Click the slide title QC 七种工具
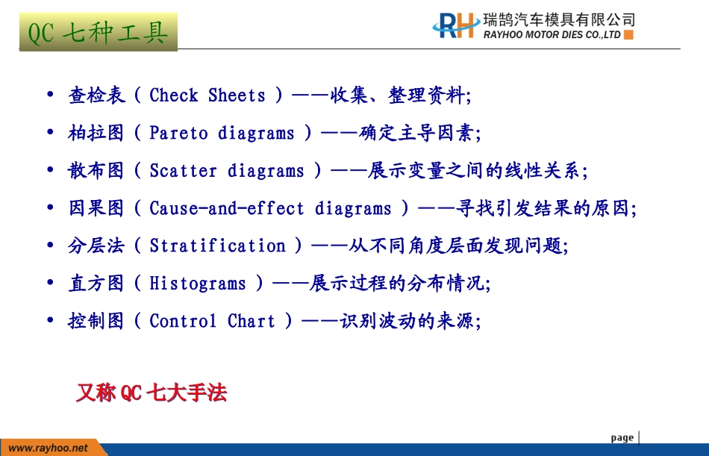(x=98, y=33)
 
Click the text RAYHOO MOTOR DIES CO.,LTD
(x=552, y=35)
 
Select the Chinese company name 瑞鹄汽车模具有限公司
(x=559, y=20)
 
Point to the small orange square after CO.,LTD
(x=628, y=35)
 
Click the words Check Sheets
(x=207, y=95)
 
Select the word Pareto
(x=178, y=133)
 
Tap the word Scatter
(x=183, y=171)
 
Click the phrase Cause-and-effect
(x=227, y=208)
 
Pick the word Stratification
(x=217, y=246)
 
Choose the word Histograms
(x=198, y=283)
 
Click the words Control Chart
(x=212, y=321)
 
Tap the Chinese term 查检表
(x=96, y=95)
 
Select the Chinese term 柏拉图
(x=96, y=133)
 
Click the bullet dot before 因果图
(x=50, y=207)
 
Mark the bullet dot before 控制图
(x=50, y=320)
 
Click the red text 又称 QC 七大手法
(x=152, y=393)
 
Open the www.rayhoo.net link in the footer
(x=48, y=449)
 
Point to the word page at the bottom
(x=622, y=437)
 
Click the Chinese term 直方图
(x=96, y=283)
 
